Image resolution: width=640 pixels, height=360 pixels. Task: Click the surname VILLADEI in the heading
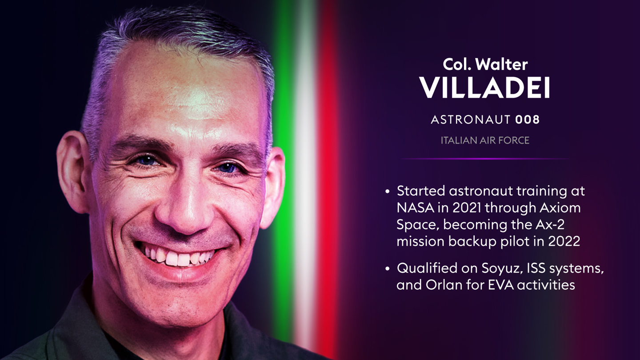click(x=484, y=88)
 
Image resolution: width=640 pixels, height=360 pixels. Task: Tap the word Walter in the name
click(x=502, y=64)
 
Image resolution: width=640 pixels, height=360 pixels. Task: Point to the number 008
click(x=528, y=120)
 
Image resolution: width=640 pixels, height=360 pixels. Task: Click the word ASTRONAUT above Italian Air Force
click(x=471, y=120)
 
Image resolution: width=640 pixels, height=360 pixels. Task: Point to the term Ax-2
click(x=550, y=224)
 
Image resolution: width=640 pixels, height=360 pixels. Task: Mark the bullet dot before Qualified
click(x=387, y=268)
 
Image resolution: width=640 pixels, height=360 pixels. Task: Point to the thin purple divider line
click(x=485, y=159)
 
